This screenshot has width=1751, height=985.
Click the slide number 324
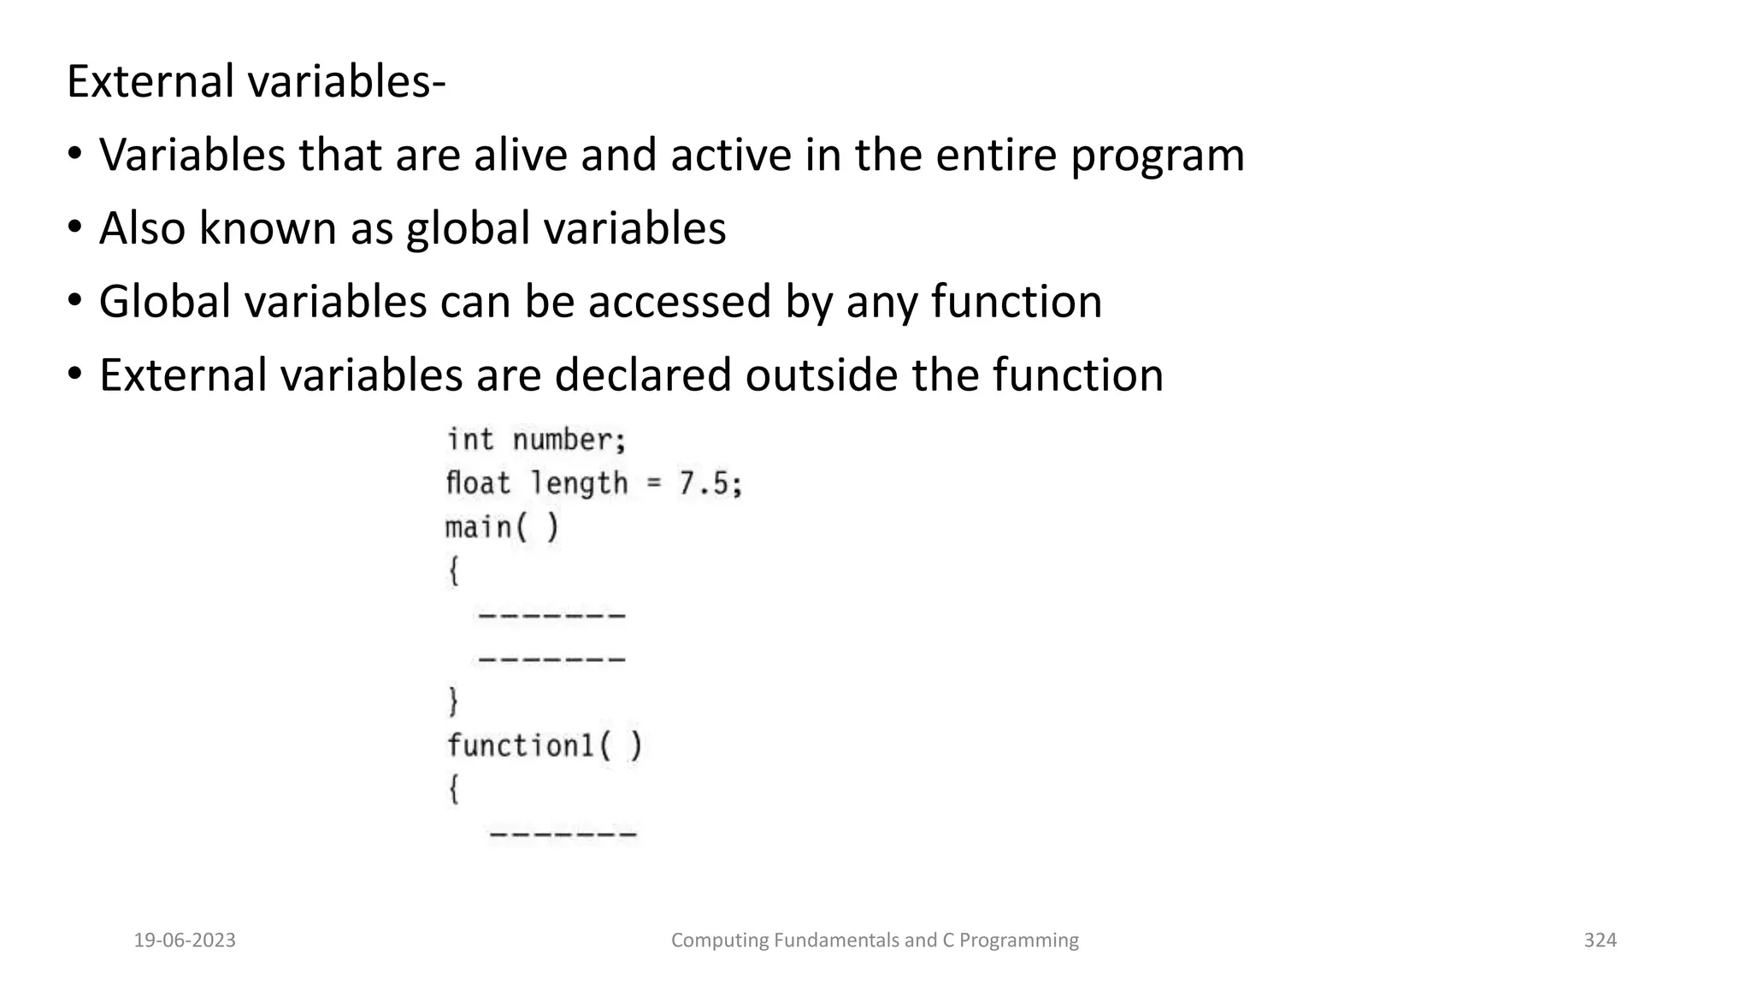point(1600,941)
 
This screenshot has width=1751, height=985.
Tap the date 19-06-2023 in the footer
point(185,941)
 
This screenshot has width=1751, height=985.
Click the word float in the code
point(478,483)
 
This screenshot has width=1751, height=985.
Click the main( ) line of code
point(502,528)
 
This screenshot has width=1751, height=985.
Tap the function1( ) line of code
point(544,746)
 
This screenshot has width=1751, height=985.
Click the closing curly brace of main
point(454,702)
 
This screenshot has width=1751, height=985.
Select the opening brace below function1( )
point(454,789)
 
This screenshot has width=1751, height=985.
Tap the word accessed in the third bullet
point(679,302)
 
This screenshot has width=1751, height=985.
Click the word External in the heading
point(150,82)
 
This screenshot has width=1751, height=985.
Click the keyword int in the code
point(470,440)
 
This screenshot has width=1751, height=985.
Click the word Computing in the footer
point(720,941)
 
